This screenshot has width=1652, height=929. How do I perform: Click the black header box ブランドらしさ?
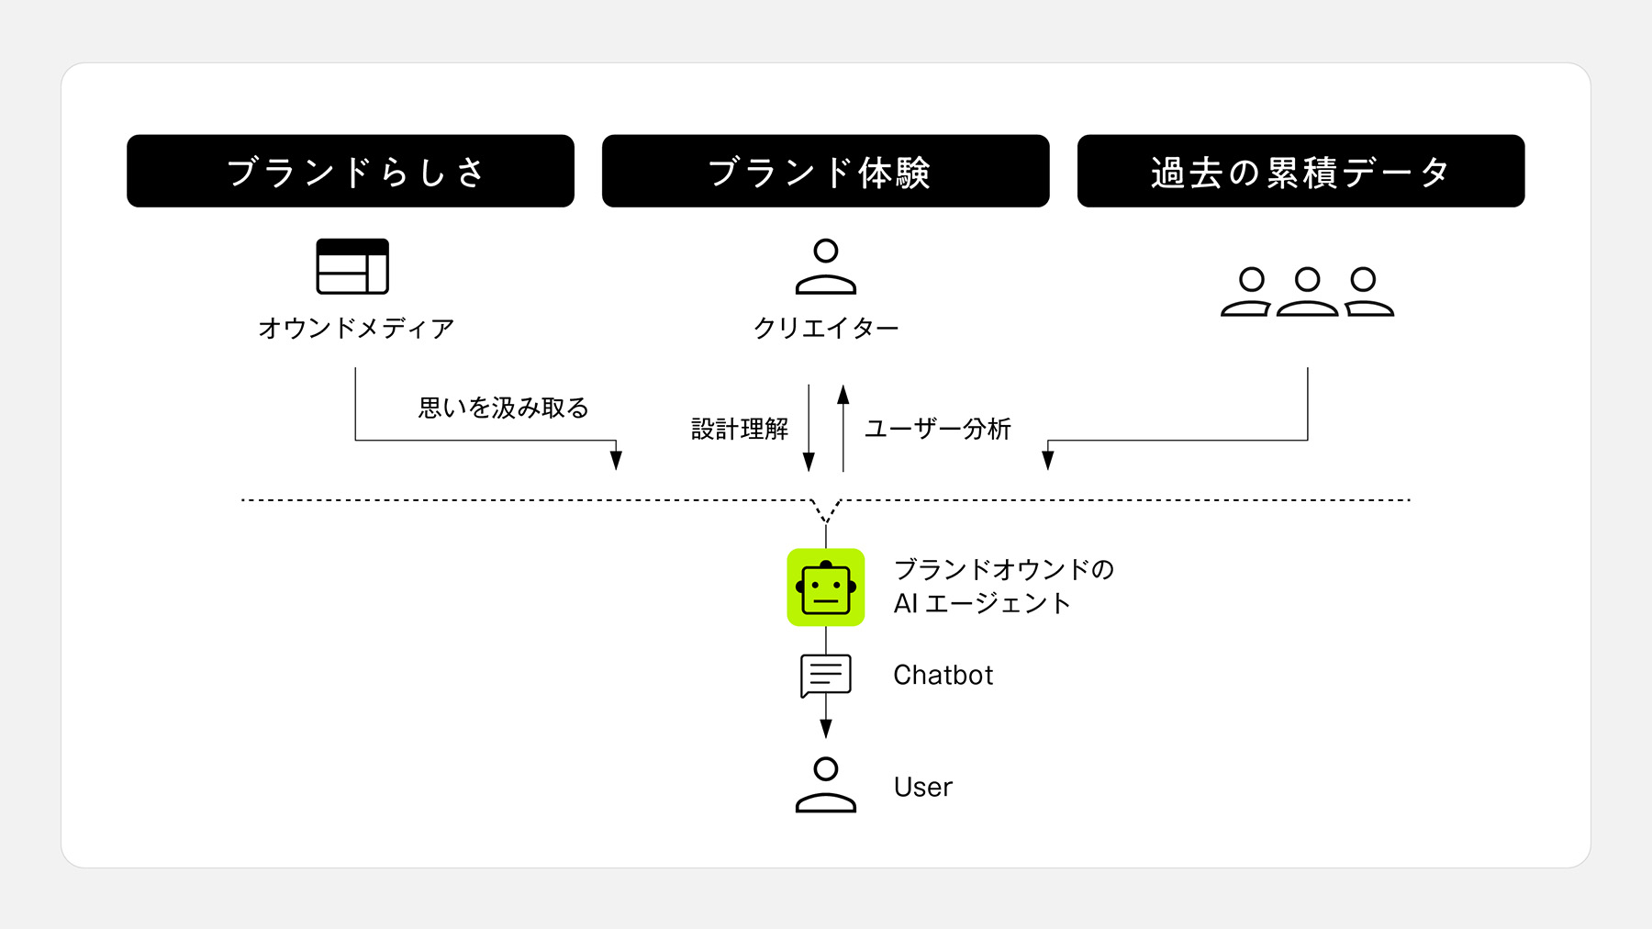(351, 172)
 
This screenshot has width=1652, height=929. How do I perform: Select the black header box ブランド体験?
(825, 172)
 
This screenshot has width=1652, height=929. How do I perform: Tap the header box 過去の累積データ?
(1300, 172)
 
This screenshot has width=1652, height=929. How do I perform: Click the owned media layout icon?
(352, 266)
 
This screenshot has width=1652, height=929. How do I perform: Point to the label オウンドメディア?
(356, 328)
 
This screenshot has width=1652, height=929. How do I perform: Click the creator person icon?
(826, 267)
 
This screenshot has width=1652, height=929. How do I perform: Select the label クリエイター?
(826, 328)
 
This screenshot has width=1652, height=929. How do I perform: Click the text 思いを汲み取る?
(503, 408)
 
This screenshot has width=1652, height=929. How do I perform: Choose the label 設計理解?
(740, 429)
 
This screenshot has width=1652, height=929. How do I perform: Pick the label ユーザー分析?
(938, 429)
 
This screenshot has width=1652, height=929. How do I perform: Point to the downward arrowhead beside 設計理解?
(809, 461)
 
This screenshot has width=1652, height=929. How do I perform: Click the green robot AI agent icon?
(826, 588)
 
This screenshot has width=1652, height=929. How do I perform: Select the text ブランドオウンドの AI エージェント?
(1003, 586)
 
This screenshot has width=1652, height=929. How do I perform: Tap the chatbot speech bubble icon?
(826, 675)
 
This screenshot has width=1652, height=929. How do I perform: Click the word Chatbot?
(943, 675)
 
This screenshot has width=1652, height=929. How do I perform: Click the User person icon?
(826, 785)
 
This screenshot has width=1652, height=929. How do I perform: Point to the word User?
(923, 787)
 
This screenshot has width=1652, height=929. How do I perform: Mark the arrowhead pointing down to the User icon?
(826, 728)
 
